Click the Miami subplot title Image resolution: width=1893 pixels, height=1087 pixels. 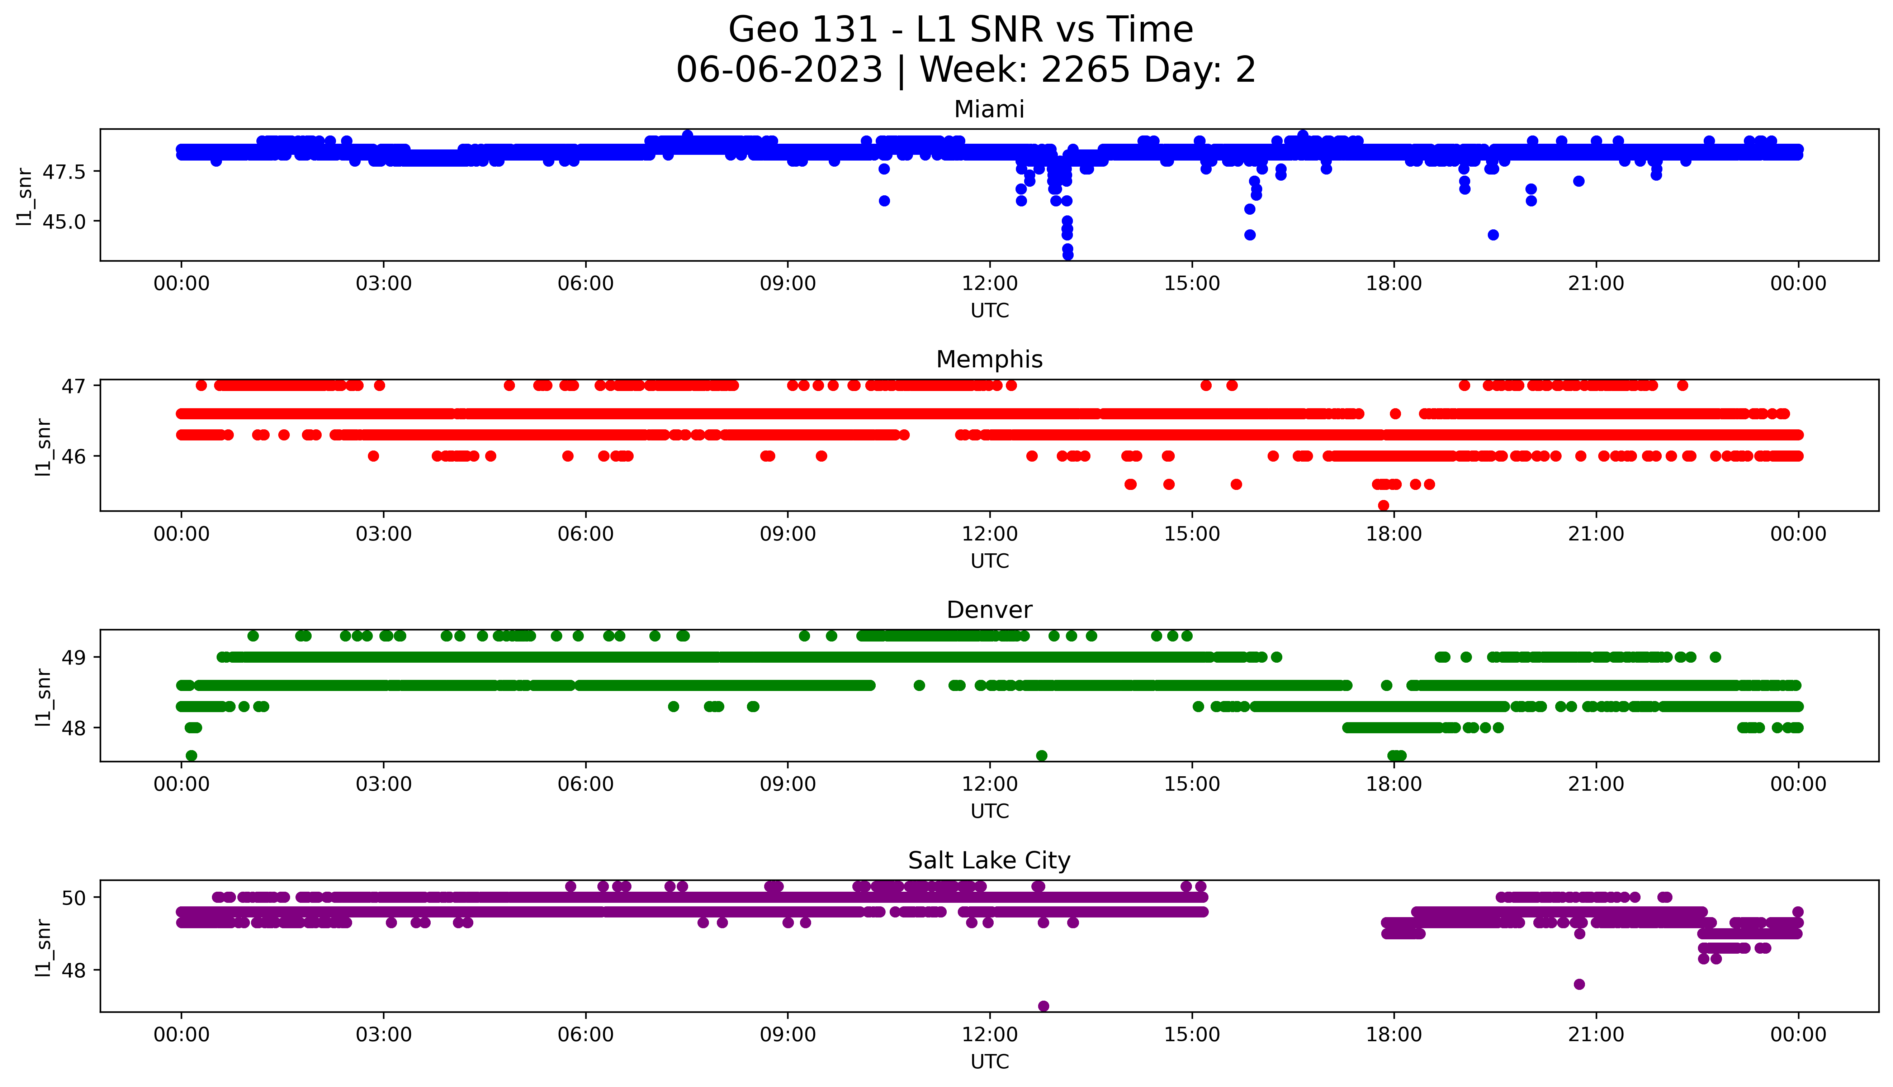tap(989, 110)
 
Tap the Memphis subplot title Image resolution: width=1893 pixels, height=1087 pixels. tap(989, 360)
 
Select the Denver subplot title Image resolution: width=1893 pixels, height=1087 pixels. tap(989, 610)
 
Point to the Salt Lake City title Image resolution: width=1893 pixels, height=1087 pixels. tap(989, 861)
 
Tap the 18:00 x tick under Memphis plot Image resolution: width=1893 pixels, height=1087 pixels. tap(1394, 534)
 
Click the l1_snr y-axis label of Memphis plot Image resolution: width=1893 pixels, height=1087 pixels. tap(43, 447)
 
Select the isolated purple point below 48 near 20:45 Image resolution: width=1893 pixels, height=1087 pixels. tap(1579, 984)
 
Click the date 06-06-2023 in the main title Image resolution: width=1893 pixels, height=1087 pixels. tap(779, 70)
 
